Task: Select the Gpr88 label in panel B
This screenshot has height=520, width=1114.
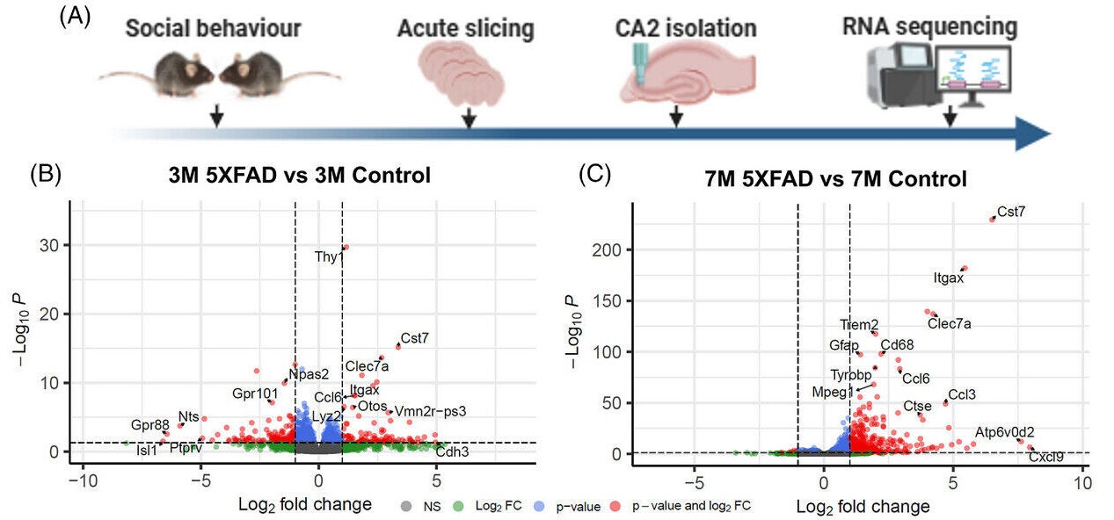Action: click(149, 425)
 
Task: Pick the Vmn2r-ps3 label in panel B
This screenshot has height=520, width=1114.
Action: click(430, 411)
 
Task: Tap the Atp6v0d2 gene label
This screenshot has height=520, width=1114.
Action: click(1004, 432)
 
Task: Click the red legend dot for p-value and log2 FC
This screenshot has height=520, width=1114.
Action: click(615, 505)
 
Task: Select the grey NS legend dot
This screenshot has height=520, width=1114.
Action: click(405, 505)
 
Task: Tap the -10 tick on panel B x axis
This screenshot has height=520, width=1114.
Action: click(83, 482)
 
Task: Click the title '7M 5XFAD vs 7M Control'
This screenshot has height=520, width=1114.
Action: click(835, 178)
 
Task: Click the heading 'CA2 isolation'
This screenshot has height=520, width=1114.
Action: click(686, 28)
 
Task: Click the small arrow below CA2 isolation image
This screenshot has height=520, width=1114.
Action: click(676, 116)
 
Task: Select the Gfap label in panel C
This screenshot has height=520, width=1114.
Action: click(844, 345)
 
